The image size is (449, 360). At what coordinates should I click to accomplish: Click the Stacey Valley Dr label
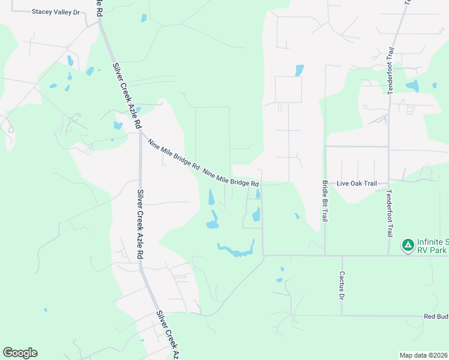point(56,11)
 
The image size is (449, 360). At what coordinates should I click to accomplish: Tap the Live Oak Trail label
point(357,183)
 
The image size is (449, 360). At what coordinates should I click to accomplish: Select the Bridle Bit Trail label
point(325,201)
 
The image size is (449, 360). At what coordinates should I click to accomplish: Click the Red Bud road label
point(436,316)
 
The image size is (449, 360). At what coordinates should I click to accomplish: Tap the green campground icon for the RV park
point(408,245)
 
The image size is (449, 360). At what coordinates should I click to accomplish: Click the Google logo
point(20,353)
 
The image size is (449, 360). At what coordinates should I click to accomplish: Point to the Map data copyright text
point(424,355)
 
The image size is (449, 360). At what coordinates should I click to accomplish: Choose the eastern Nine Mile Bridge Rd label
point(231,178)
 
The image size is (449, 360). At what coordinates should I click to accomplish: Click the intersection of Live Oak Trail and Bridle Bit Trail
point(325,182)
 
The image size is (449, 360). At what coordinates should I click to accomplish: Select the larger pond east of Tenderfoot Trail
point(412,86)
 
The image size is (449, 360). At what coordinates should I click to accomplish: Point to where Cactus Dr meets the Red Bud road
point(342,316)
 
